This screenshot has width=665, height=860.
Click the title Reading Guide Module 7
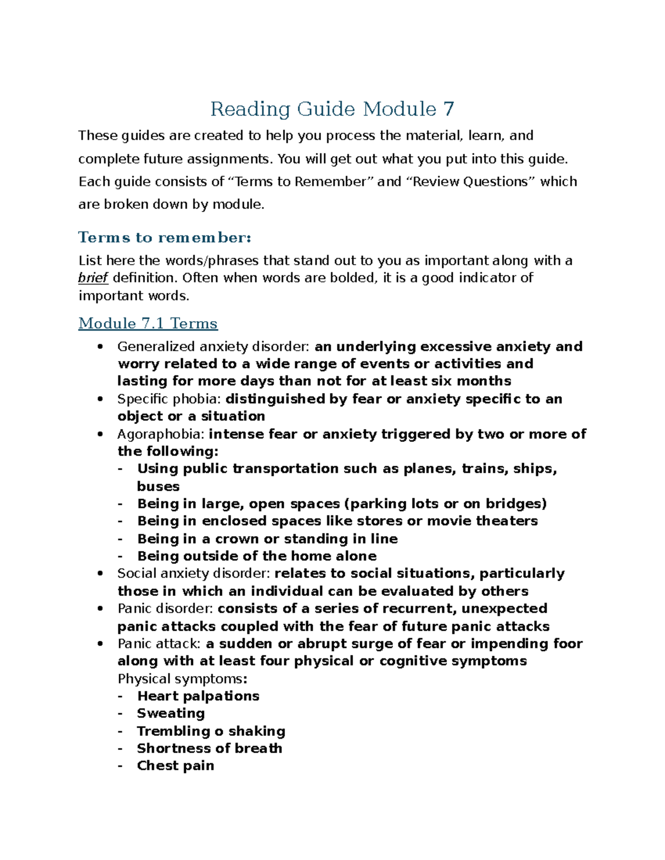coord(332,109)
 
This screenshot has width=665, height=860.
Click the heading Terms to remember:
coord(165,238)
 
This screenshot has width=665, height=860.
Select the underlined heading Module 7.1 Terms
coord(148,323)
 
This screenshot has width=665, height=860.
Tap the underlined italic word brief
coord(93,278)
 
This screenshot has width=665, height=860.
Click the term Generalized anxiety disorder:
coord(213,347)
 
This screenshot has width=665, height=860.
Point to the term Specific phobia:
coord(169,399)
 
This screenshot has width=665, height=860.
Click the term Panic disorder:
coord(165,609)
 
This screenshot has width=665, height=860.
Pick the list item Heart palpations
coord(198,696)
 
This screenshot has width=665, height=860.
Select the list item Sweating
coord(171,713)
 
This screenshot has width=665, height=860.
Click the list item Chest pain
coord(175,766)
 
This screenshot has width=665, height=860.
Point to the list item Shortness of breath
coord(209,749)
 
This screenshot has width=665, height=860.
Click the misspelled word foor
coord(568,643)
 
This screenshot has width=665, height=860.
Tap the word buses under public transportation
coord(158,486)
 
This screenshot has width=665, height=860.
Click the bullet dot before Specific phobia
coord(100,399)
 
